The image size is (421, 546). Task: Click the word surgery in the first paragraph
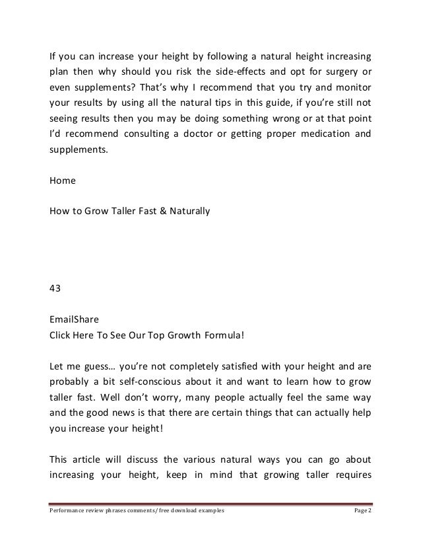(x=334, y=71)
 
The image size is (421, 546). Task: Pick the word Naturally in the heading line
(x=186, y=212)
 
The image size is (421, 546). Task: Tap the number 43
(x=56, y=288)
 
